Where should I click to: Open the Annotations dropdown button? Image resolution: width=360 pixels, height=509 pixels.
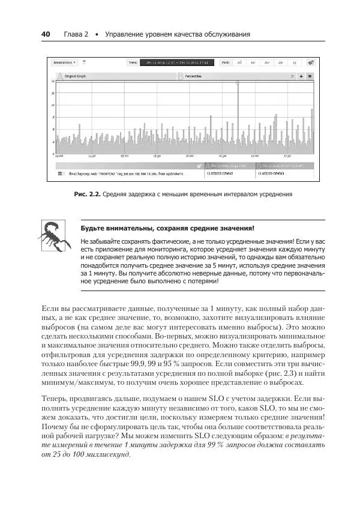click(64, 62)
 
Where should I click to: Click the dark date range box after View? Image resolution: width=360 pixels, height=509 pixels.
click(173, 62)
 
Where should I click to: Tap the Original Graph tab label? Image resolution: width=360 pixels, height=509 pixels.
click(76, 77)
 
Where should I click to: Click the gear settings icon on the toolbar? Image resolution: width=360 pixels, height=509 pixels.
click(310, 62)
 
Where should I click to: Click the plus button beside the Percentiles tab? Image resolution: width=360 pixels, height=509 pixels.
click(301, 77)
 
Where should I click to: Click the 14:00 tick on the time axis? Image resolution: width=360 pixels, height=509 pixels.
click(59, 155)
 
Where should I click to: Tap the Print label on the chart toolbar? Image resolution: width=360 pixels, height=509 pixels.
click(226, 62)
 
